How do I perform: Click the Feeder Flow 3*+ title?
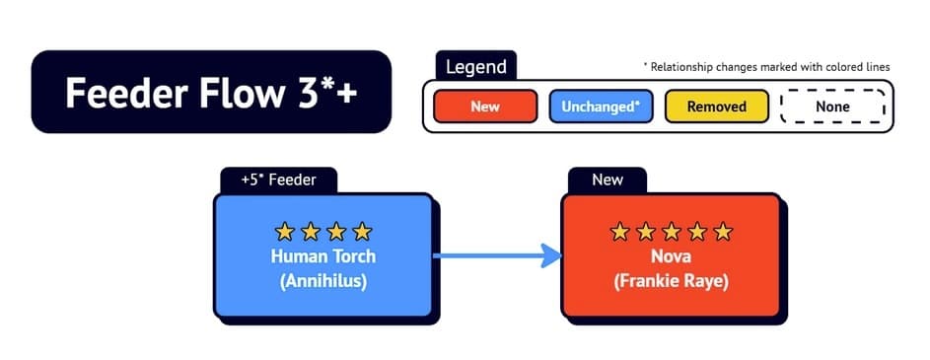pos(211,92)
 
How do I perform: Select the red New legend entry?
pos(485,107)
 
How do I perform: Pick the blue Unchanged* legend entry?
pos(601,107)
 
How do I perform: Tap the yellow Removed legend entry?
pos(716,107)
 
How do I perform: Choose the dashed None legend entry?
pos(832,107)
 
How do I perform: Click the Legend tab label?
pos(476,66)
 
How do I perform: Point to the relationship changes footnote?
pos(766,67)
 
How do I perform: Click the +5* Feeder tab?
pos(278,180)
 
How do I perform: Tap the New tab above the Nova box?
pos(608,180)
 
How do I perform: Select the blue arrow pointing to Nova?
pos(498,255)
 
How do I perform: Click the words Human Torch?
pos(323,256)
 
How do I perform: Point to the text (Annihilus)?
pos(323,280)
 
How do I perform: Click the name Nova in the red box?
pos(671,256)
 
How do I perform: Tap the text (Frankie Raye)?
pos(671,280)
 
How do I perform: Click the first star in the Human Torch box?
pos(285,232)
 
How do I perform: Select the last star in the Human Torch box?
pos(362,232)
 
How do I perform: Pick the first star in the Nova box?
pos(619,232)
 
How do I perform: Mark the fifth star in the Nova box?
pos(723,232)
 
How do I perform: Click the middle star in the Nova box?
pos(672,232)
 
